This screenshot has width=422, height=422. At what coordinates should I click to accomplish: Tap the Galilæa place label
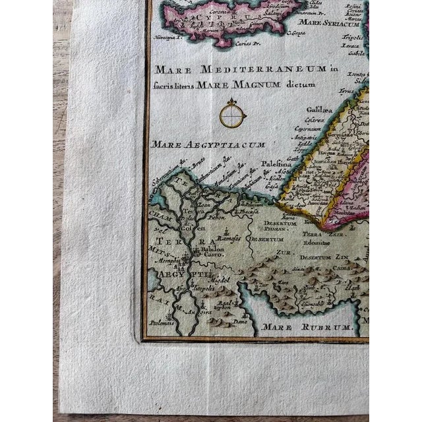coord(317,111)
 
